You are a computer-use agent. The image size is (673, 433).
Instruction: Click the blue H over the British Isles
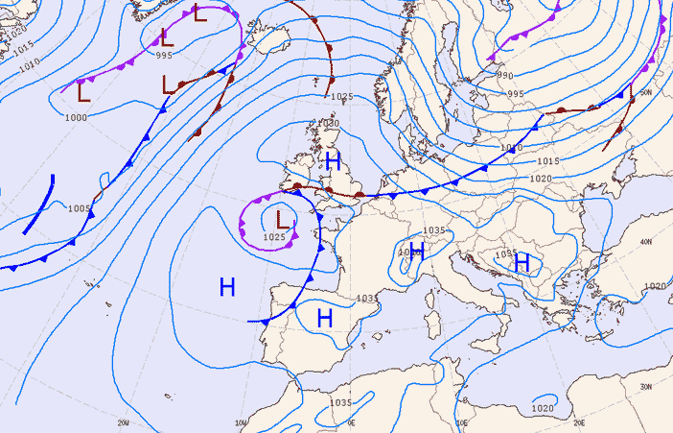tap(333, 160)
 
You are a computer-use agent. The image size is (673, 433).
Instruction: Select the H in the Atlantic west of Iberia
tap(227, 286)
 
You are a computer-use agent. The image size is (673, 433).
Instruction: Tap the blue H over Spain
tap(324, 318)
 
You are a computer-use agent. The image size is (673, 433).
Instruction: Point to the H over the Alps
tap(417, 252)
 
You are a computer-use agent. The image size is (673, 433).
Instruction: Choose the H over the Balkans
tap(522, 261)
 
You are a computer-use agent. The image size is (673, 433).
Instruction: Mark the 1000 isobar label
tap(76, 117)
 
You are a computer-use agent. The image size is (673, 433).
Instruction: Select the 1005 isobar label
tap(79, 208)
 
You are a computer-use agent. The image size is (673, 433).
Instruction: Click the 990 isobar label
tap(504, 76)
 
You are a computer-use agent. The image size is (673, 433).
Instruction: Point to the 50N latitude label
tap(645, 92)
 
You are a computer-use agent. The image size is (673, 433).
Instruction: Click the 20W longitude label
tap(123, 421)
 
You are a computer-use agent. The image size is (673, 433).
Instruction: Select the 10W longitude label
tap(242, 421)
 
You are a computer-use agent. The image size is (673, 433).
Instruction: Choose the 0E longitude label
tap(352, 421)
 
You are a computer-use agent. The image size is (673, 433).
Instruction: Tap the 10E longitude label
tap(462, 421)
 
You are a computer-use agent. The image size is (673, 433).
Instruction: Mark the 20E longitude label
tap(579, 421)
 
